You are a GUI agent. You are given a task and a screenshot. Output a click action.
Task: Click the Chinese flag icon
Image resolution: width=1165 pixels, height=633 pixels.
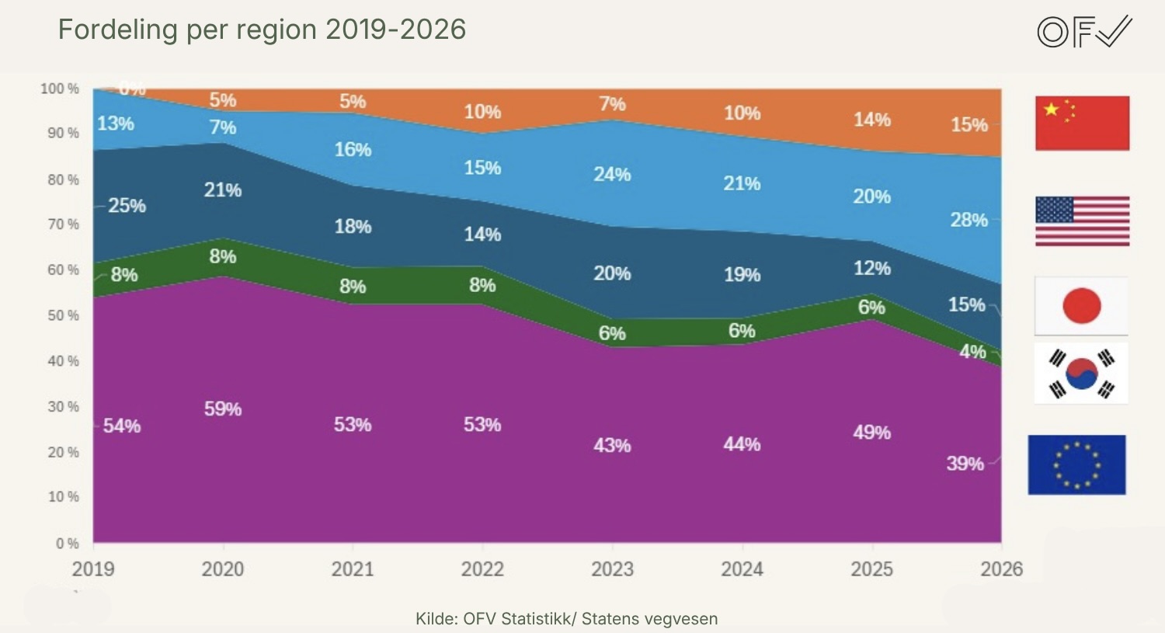pyautogui.click(x=1082, y=123)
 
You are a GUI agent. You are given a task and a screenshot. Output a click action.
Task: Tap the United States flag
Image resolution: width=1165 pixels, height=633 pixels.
pyautogui.click(x=1082, y=221)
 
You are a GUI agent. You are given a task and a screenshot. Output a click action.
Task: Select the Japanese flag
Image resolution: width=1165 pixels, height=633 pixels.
pyautogui.click(x=1081, y=306)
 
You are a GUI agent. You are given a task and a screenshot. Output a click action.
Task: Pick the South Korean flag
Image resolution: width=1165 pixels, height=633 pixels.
pyautogui.click(x=1081, y=374)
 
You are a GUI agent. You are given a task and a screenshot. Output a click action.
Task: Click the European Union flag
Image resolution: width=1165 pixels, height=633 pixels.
pyautogui.click(x=1076, y=465)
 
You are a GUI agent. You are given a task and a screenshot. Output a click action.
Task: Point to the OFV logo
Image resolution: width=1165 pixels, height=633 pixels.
pyautogui.click(x=1084, y=32)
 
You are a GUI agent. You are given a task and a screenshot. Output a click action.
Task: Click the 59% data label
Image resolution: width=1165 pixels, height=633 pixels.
pyautogui.click(x=223, y=409)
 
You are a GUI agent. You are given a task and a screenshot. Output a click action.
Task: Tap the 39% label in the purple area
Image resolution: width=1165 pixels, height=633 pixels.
pyautogui.click(x=965, y=464)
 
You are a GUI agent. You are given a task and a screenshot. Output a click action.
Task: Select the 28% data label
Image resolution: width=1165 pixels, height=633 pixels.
pyautogui.click(x=969, y=220)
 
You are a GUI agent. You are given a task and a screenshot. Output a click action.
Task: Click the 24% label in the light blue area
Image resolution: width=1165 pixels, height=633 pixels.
pyautogui.click(x=612, y=174)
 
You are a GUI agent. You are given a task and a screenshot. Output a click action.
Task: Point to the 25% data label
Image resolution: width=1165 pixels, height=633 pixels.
pyautogui.click(x=127, y=206)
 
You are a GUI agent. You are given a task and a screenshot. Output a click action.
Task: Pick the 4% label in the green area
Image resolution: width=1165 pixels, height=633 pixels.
pyautogui.click(x=972, y=352)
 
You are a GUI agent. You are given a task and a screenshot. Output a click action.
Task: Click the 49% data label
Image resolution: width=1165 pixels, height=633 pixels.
pyautogui.click(x=871, y=432)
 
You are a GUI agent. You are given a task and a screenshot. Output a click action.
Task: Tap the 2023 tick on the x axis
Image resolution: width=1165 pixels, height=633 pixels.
pyautogui.click(x=612, y=569)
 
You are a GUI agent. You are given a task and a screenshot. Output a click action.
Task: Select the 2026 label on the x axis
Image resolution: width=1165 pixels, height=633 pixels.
pyautogui.click(x=1001, y=569)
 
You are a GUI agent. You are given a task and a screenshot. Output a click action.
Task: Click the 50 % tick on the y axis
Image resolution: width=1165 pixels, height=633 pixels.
pyautogui.click(x=63, y=315)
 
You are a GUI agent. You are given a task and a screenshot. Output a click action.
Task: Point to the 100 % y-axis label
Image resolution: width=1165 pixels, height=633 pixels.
pyautogui.click(x=60, y=89)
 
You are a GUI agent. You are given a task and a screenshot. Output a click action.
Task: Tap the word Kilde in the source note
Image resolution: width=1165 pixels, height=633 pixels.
pyautogui.click(x=435, y=619)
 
